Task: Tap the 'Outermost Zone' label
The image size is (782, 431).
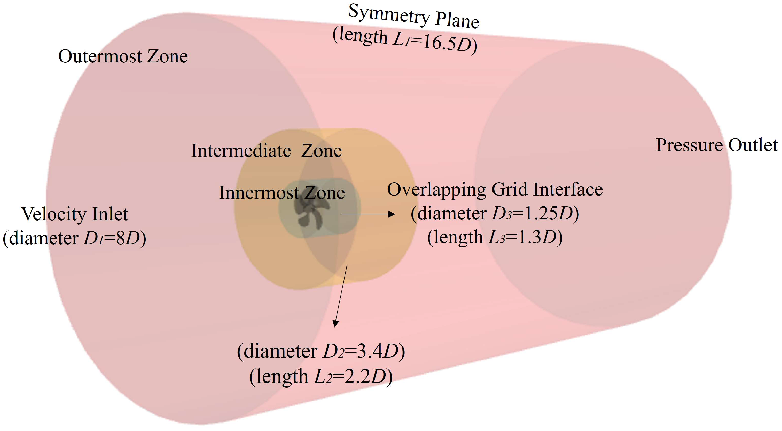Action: pos(123,56)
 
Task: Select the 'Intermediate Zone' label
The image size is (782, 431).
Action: pos(267,151)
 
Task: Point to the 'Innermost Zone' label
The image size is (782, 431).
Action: pos(282,193)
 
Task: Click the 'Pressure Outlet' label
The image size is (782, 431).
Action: pos(717,145)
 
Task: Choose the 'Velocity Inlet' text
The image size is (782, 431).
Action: pos(75,214)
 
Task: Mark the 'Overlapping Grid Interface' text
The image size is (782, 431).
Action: pos(495,190)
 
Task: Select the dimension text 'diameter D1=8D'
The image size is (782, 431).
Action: pos(75,239)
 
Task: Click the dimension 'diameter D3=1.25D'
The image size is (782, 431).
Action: pos(495,214)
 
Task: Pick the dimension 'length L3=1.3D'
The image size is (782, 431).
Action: pos(495,237)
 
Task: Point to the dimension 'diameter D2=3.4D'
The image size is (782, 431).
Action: pos(321,352)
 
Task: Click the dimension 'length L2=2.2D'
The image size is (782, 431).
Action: pos(321,377)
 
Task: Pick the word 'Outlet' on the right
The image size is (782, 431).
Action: pos(753,145)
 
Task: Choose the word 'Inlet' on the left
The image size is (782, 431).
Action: pos(110,214)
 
